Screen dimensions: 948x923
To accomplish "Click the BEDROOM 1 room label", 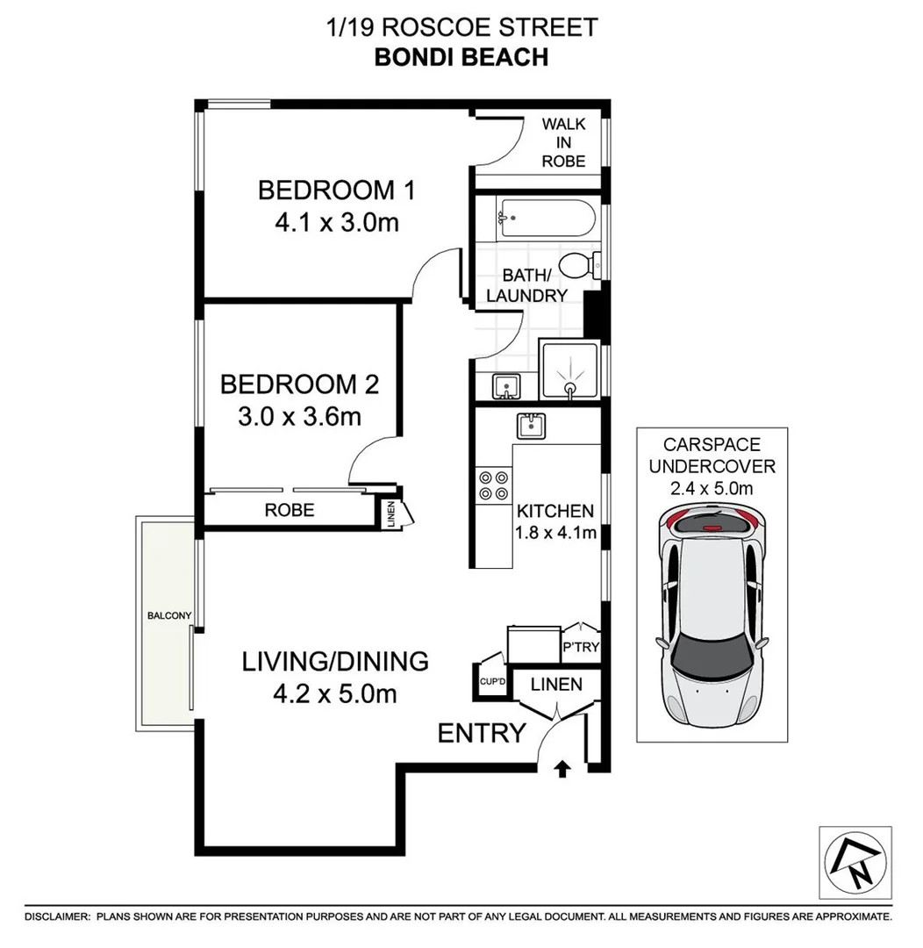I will pyautogui.click(x=336, y=190).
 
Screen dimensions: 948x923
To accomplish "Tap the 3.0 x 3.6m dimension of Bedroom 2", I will pyautogui.click(x=299, y=415).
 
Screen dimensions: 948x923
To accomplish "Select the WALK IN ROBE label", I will pyautogui.click(x=562, y=142).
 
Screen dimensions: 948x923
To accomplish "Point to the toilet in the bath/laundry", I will pyautogui.click(x=580, y=263).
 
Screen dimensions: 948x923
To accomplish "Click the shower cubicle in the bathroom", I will pyautogui.click(x=570, y=371).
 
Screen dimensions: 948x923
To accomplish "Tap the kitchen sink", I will pyautogui.click(x=531, y=426).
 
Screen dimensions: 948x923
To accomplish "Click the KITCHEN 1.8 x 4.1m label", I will pyautogui.click(x=555, y=521).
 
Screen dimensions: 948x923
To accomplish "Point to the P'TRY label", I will pyautogui.click(x=580, y=647).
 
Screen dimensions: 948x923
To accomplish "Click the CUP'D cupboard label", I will pyautogui.click(x=490, y=681).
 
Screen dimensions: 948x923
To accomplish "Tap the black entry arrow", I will pyautogui.click(x=562, y=770).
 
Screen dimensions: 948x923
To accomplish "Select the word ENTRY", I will pyautogui.click(x=482, y=733).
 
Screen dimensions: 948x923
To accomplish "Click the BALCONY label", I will pyautogui.click(x=169, y=616).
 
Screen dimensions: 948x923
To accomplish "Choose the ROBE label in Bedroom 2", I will pyautogui.click(x=290, y=510).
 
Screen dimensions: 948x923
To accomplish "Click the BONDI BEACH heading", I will pyautogui.click(x=461, y=57).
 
